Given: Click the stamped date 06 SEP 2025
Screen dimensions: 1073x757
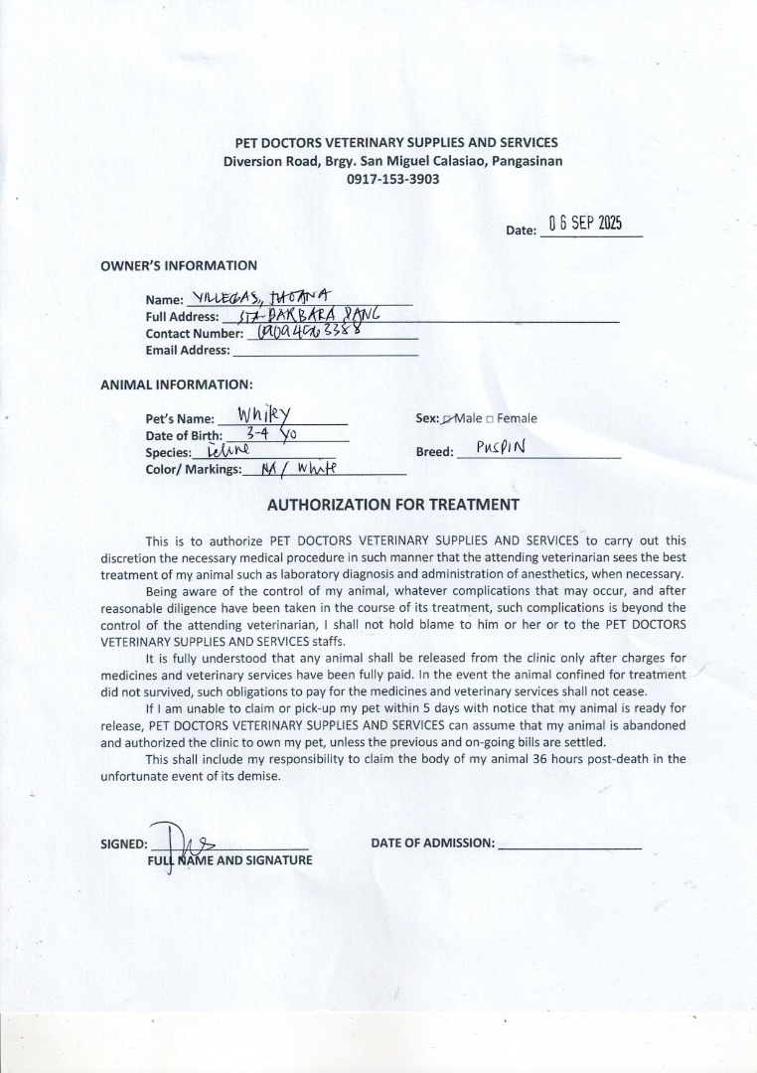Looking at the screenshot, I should coord(585,224).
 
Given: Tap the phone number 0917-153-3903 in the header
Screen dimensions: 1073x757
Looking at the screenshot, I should coord(392,180).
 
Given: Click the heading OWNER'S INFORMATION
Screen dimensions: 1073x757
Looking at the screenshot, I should coord(179,265).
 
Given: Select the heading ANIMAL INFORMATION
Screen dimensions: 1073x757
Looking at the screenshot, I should coord(176,384).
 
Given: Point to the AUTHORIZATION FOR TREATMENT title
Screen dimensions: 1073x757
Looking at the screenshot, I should coord(392,505).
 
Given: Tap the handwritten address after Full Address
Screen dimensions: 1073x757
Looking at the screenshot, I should coord(303,314).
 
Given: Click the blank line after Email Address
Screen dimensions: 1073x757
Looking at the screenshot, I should coord(324,351).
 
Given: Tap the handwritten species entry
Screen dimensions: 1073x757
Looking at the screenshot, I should coord(227,452).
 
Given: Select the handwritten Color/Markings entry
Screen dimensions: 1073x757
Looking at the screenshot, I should coord(285,468).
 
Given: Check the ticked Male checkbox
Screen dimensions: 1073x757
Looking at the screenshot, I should coord(447,419).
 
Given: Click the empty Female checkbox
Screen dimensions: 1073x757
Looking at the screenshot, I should coord(490,419).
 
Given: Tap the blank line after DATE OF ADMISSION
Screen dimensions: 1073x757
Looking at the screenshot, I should coord(569,844).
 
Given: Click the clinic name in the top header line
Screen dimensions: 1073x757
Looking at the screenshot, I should coord(395,143).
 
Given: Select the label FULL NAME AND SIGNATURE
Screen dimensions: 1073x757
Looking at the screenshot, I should coord(229,860).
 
